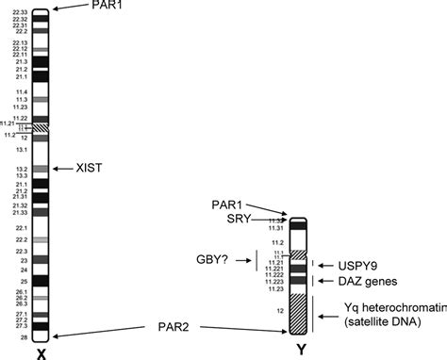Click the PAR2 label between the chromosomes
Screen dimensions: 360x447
click(172, 327)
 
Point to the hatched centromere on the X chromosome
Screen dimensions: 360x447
click(41, 126)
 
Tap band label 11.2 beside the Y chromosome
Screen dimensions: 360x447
click(278, 242)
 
